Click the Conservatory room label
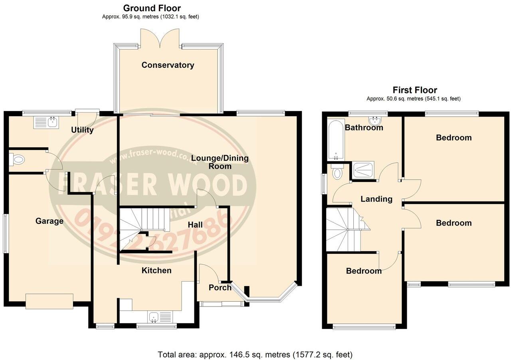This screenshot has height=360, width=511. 168,65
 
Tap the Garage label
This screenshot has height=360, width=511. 50,221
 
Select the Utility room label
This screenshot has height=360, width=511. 82,130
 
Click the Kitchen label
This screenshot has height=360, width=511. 156,270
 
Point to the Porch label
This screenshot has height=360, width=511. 220,287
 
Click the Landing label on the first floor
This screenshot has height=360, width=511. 376,199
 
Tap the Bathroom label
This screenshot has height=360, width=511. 364,128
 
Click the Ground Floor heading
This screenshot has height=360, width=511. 152,8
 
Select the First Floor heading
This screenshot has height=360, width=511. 415,90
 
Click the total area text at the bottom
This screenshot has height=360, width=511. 255,354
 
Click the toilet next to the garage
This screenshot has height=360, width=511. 18,160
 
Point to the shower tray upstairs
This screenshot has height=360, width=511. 363,170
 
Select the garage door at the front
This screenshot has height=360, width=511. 50,301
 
